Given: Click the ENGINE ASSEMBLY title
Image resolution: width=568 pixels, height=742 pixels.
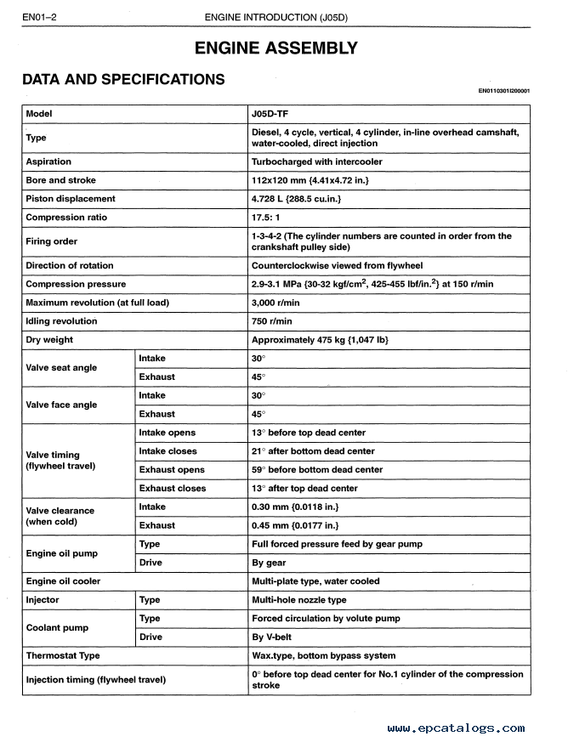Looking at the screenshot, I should click(276, 48).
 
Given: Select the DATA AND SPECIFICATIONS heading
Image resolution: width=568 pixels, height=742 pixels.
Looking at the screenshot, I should click(123, 80).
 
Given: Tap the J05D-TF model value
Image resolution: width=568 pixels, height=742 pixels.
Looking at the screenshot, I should click(275, 114).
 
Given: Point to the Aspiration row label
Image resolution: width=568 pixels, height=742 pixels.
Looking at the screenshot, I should click(48, 161).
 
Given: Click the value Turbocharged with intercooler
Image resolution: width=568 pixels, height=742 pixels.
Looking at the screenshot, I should click(317, 161).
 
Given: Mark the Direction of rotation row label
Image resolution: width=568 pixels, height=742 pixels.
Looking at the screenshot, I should click(70, 265).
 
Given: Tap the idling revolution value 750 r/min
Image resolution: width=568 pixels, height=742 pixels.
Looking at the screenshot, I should click(272, 321).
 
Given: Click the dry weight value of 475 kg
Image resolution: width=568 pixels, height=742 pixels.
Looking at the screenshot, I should click(320, 340).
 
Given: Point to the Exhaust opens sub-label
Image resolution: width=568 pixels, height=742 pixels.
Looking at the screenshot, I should click(172, 470).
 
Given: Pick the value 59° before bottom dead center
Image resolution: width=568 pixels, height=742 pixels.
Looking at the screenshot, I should click(317, 470).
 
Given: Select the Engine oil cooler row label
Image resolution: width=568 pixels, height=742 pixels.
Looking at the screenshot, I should click(63, 581).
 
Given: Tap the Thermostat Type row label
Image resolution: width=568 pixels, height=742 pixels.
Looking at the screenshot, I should click(63, 655).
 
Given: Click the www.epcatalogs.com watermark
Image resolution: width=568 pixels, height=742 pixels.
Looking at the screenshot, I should click(456, 728).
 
